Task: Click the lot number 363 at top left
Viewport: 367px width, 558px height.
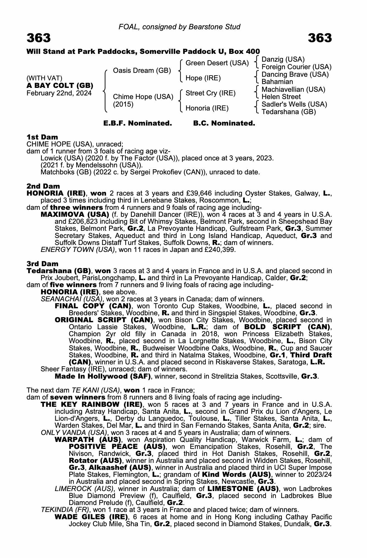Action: point(39,38)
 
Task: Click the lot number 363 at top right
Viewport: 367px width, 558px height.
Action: point(320,38)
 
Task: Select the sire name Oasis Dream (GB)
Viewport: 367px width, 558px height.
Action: point(142,71)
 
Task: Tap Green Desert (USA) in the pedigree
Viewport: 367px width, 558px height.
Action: point(217,63)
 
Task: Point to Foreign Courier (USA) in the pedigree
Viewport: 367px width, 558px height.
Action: point(296,67)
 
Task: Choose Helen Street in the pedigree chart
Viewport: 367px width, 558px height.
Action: point(281,97)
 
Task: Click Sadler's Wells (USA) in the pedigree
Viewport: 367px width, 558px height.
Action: point(294,104)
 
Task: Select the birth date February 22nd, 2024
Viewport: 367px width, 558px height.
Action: point(59,93)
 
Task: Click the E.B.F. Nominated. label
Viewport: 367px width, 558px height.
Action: point(138,123)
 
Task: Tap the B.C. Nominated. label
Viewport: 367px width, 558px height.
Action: point(224,123)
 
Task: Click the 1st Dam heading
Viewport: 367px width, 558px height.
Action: point(42,137)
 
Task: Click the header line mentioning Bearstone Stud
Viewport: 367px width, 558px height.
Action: point(179,27)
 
